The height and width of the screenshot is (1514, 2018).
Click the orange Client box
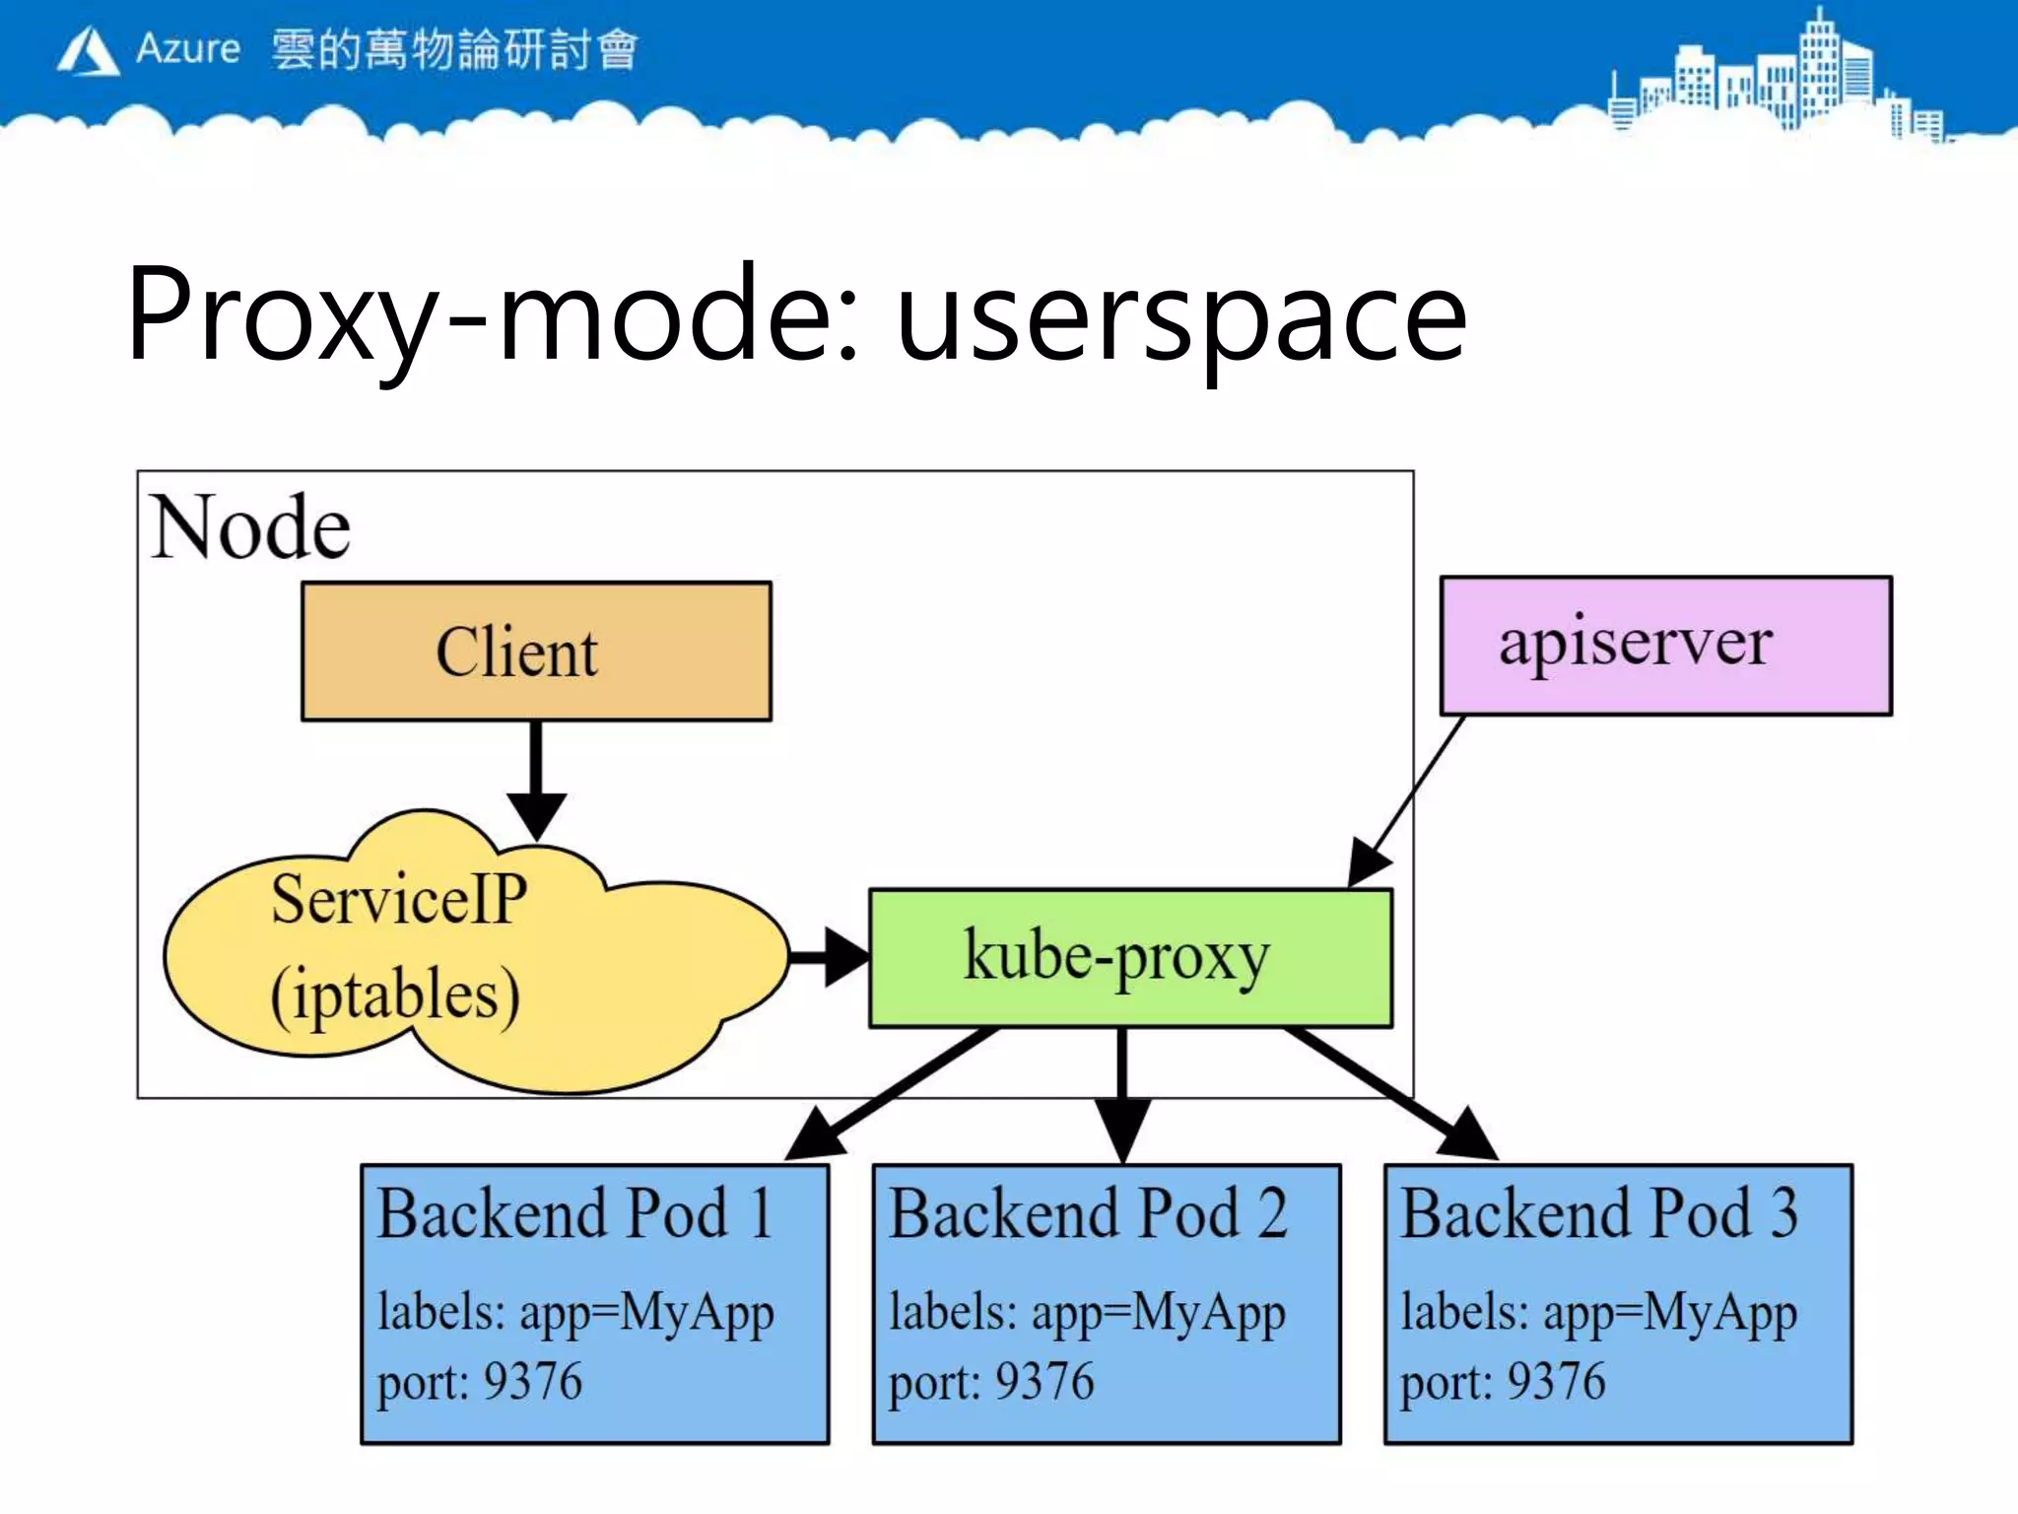[x=536, y=652]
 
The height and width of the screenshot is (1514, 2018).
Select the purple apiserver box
[x=1665, y=646]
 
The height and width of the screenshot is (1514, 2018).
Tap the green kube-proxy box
[x=1129, y=958]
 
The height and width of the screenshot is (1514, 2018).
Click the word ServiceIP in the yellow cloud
[x=399, y=899]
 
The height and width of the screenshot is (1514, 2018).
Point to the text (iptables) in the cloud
[x=395, y=996]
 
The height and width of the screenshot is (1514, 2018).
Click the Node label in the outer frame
[x=250, y=528]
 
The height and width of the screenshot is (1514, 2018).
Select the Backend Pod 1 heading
[x=575, y=1213]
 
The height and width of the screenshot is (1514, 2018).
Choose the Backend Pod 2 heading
[x=1088, y=1213]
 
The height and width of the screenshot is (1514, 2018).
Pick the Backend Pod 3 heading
[x=1599, y=1213]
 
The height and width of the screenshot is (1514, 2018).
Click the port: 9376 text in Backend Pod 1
[x=480, y=1382]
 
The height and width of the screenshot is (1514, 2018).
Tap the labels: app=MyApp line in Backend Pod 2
[x=1087, y=1313]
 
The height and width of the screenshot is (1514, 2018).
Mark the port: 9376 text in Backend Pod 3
[x=1503, y=1382]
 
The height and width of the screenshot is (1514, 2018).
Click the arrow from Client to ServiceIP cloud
[x=536, y=779]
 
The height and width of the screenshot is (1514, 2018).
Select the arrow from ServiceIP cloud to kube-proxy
[x=828, y=956]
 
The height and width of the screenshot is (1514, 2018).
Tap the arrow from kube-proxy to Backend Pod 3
[x=1389, y=1094]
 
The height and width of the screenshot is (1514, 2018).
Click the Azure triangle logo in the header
[x=88, y=51]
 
